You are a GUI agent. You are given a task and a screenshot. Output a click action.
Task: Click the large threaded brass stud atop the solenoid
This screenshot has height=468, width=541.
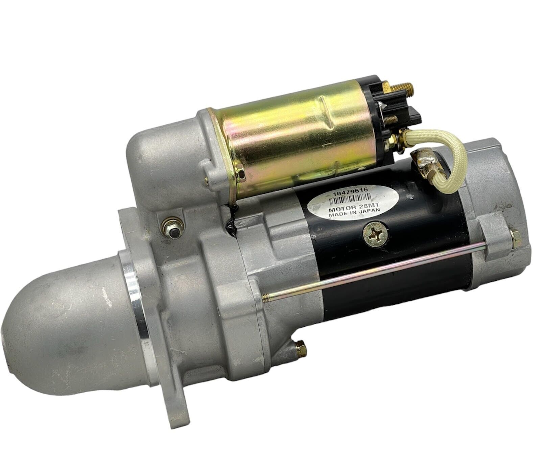402,90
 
